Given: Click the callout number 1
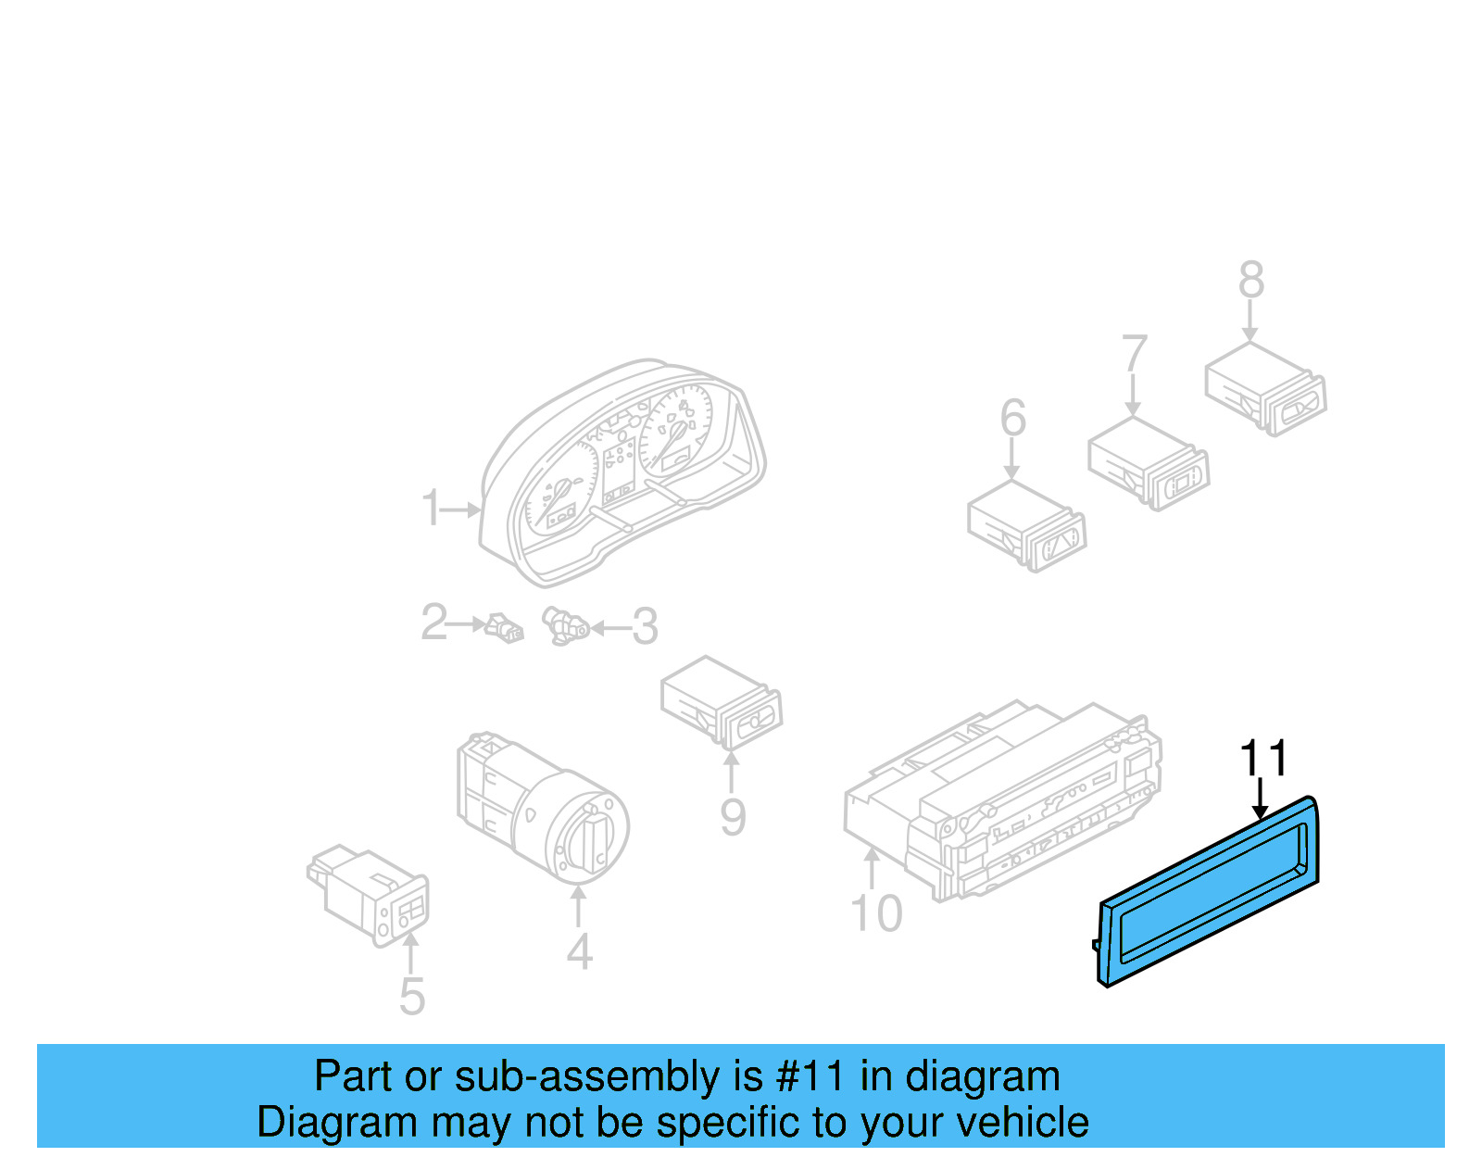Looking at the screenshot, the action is coord(431,509).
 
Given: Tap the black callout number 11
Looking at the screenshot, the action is coord(1264,759).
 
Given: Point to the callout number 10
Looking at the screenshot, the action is coord(876,913).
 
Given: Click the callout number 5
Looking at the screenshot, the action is coord(412,997).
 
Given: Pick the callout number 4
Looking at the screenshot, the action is coord(580,951).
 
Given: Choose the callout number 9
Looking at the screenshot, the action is coord(733,817).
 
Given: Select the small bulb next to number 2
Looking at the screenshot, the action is coord(505,627).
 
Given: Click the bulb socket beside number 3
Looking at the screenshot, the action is coord(564,626).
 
